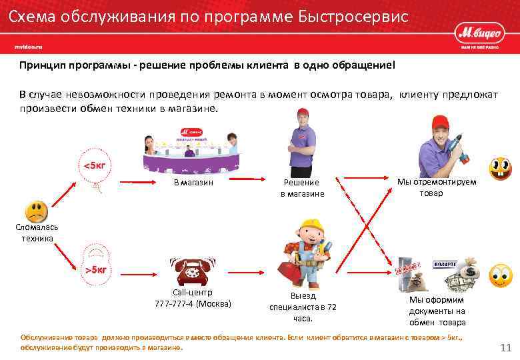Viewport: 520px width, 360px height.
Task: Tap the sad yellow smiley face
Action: click(36, 213)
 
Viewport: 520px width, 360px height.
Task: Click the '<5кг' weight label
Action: click(94, 165)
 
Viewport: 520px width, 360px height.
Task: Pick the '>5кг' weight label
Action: click(95, 269)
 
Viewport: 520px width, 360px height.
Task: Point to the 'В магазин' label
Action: click(193, 183)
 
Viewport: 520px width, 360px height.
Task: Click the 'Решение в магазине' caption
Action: click(302, 188)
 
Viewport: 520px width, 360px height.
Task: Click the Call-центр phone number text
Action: click(193, 304)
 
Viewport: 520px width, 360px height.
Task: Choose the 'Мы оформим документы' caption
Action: click(437, 311)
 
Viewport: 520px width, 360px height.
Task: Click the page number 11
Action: click(505, 347)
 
